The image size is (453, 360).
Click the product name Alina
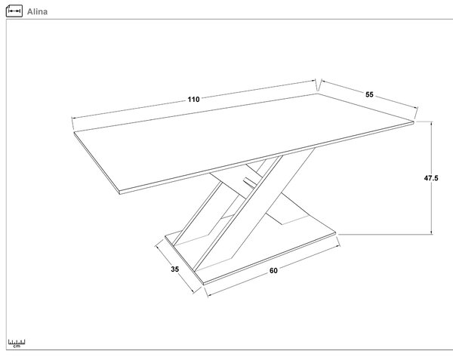point(37,12)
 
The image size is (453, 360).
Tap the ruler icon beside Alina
point(14,11)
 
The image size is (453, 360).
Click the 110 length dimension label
point(193,100)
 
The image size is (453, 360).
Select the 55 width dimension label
point(369,94)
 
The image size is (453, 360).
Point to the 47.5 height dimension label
point(431,178)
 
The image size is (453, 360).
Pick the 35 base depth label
point(175,269)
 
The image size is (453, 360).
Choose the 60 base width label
point(273,270)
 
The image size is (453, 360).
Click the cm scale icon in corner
point(17,343)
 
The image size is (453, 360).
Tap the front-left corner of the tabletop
point(119,193)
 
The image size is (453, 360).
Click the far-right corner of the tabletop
point(414,122)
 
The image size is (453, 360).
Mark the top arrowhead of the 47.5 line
point(432,123)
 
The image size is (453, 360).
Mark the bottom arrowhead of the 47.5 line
point(432,232)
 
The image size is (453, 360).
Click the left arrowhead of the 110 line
point(73,118)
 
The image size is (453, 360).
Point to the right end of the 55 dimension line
point(417,108)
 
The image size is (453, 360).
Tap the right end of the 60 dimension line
point(338,246)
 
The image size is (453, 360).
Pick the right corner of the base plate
point(337,232)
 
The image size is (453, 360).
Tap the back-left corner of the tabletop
point(74,133)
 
